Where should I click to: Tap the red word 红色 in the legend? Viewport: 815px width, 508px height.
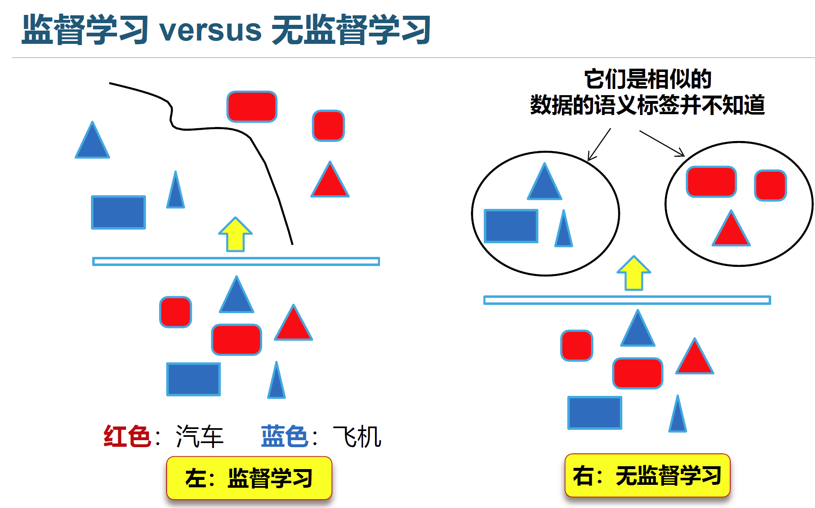coord(127,436)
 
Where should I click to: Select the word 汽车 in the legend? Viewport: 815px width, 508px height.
coord(200,436)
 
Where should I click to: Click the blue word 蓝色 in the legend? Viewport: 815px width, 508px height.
coord(284,436)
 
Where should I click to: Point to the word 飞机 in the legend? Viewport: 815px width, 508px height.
coord(357,436)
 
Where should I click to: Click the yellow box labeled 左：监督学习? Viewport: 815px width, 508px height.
coord(249,478)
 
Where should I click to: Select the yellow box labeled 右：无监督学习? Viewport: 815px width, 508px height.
coord(647,475)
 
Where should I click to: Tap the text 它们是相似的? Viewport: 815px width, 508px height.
coord(648,79)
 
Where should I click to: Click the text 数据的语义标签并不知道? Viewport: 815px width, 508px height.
coord(648,105)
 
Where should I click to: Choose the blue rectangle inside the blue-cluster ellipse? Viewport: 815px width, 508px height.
coord(511,226)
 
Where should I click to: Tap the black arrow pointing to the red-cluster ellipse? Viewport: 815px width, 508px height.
coord(662,143)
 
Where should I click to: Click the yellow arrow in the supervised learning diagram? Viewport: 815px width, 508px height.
coord(235,235)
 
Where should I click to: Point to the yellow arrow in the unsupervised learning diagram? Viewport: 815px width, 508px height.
coord(633,273)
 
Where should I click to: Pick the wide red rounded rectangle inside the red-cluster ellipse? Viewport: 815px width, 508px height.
coord(711,182)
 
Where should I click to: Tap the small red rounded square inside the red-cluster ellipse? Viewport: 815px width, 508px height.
coord(770,185)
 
